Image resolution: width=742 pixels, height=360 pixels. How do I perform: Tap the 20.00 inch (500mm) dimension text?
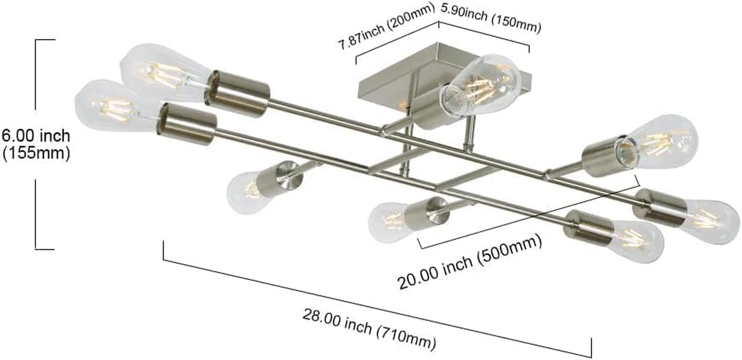(x=469, y=262)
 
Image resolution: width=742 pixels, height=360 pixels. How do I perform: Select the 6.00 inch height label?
(x=36, y=136)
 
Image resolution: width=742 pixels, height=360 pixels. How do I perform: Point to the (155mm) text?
(x=36, y=153)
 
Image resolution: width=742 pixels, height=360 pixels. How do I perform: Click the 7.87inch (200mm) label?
(x=386, y=27)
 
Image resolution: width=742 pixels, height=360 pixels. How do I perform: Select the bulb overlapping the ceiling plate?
(x=480, y=85)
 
